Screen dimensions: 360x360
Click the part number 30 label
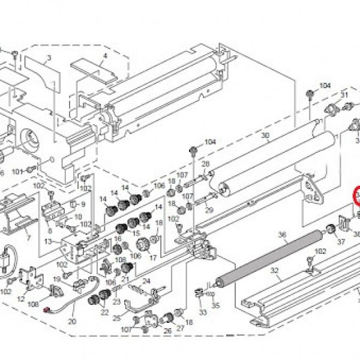click(x=265, y=136)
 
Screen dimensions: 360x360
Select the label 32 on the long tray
click(x=275, y=271)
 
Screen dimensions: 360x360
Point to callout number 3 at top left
click(x=49, y=58)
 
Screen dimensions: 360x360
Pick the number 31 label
click(x=344, y=95)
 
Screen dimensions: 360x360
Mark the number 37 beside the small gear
click(x=341, y=242)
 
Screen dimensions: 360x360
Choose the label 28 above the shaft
click(x=205, y=164)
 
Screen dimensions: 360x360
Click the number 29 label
click(x=209, y=209)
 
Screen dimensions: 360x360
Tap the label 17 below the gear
click(x=153, y=259)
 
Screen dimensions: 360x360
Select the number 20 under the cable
click(x=73, y=322)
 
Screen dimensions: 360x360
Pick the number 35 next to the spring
click(x=216, y=304)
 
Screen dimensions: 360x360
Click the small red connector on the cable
click(x=47, y=310)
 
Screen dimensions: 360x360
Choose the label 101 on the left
click(x=17, y=171)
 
